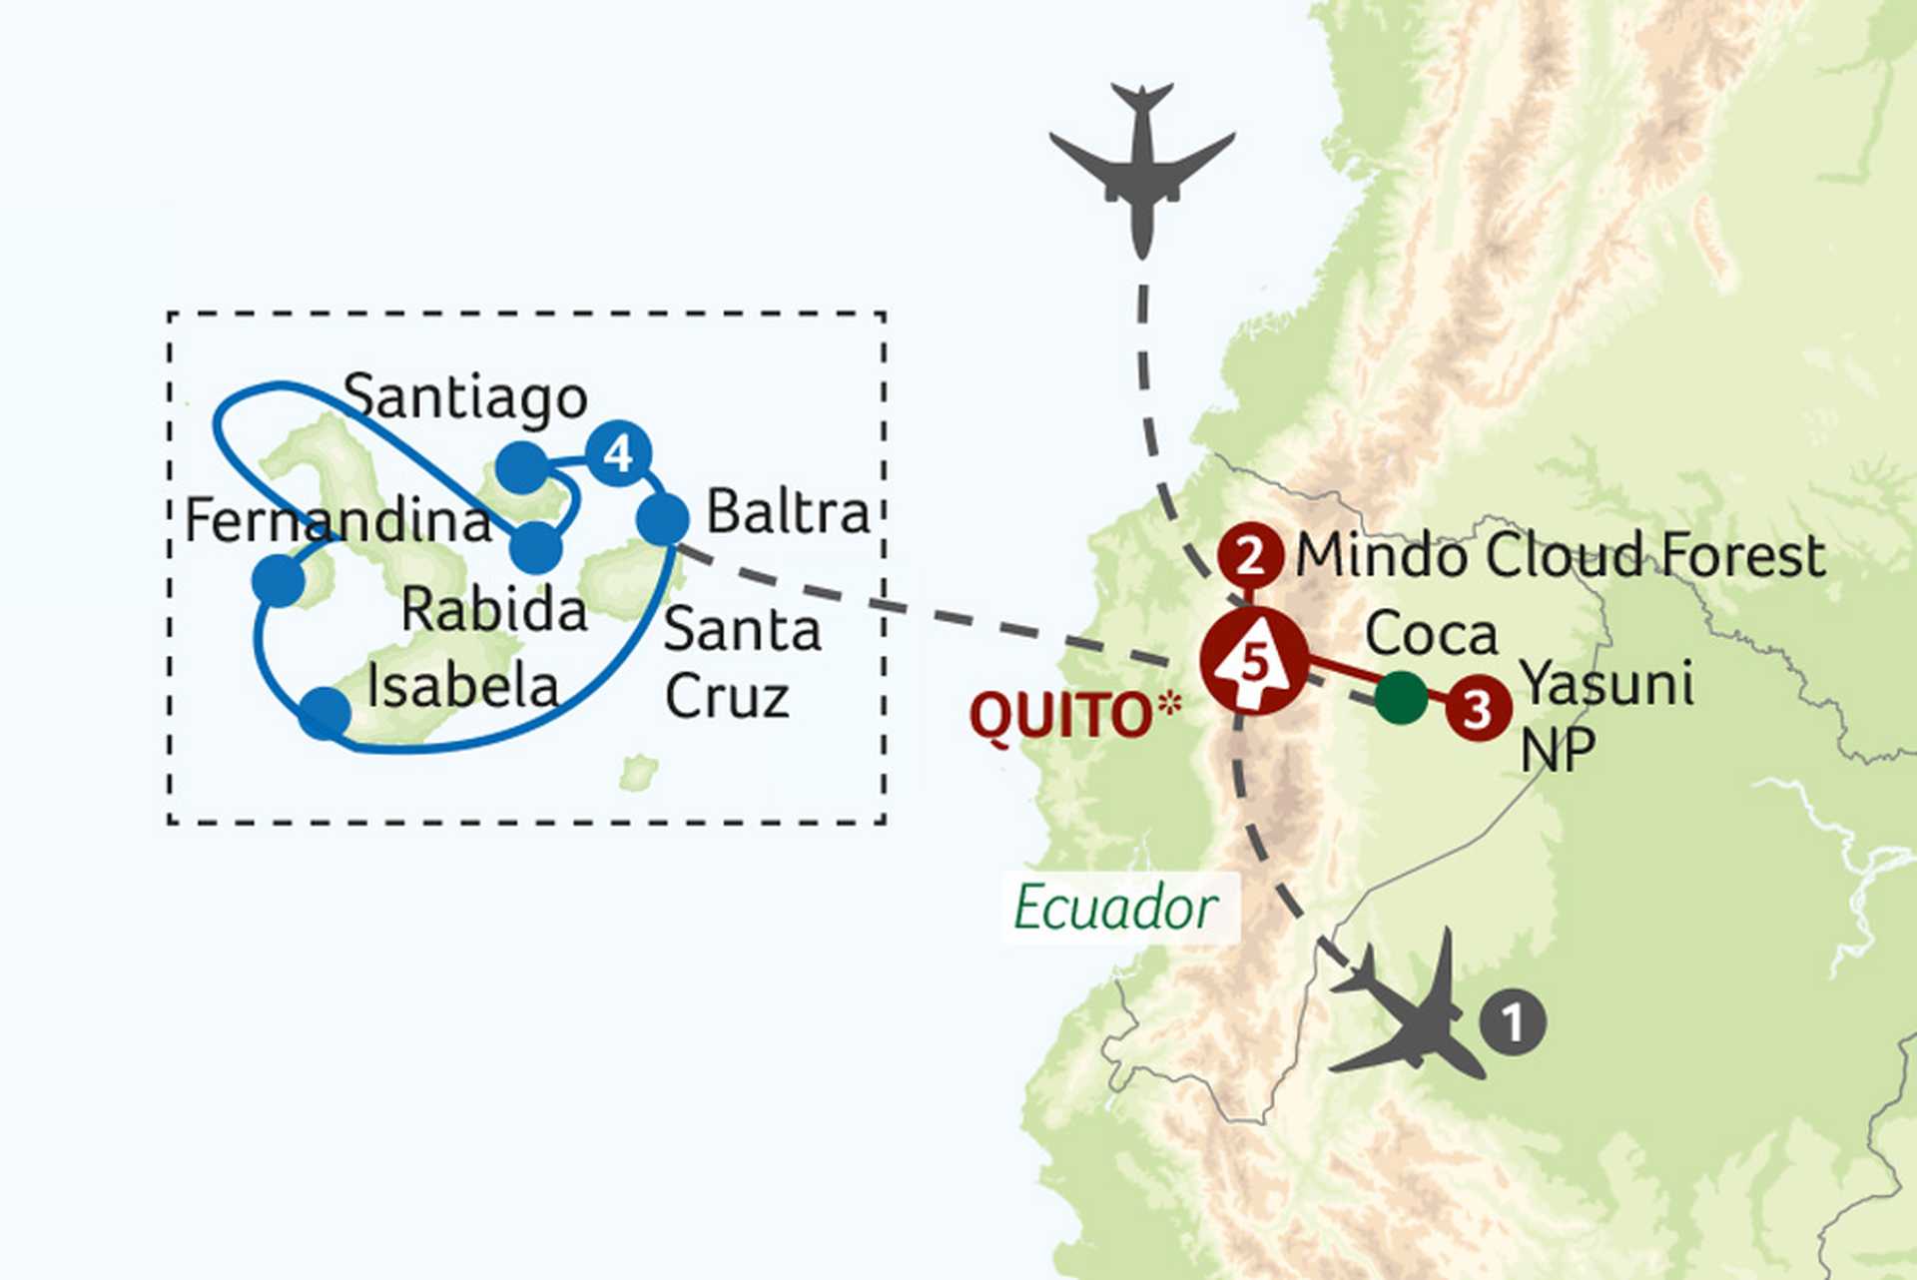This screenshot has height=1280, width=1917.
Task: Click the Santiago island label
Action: coord(464,398)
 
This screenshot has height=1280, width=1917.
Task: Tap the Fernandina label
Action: coord(338,520)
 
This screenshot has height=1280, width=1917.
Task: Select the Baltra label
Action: coord(788,512)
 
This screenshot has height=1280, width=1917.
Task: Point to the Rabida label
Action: coord(493,609)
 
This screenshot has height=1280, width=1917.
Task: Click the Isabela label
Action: coord(462,686)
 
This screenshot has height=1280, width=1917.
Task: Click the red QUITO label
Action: coord(1062,716)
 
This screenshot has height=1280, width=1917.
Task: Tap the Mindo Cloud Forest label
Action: coord(1560,555)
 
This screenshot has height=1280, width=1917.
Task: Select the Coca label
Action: coord(1431,634)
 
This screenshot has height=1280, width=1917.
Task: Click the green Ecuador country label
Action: coord(1115,908)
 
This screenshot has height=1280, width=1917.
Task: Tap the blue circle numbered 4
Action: coord(619,453)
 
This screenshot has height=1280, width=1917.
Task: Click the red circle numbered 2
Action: coord(1250,556)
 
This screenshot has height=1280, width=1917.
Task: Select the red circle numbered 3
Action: coord(1478,709)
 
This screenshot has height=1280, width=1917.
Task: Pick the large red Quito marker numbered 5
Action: coord(1254,661)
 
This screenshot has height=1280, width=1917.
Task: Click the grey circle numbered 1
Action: coord(1513,1022)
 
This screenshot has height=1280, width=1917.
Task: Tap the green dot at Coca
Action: coord(1401,697)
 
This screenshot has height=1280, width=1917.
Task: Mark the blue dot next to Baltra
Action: coord(662,519)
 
